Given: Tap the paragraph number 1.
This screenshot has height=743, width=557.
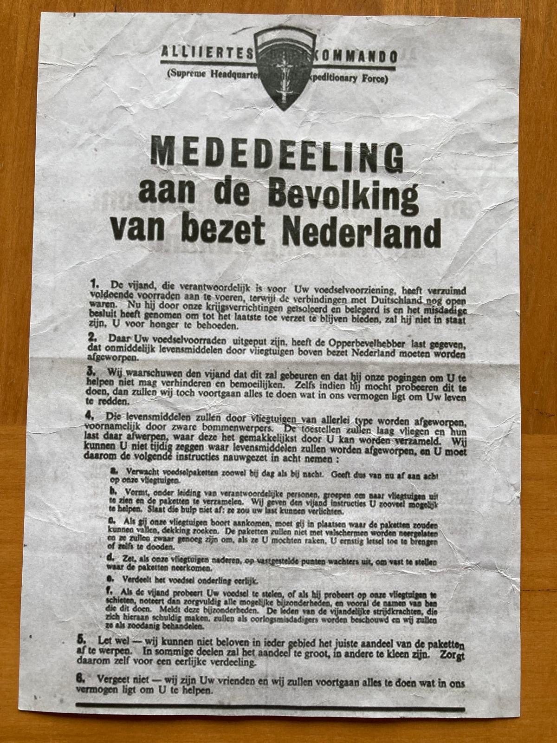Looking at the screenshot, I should pyautogui.click(x=95, y=282).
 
